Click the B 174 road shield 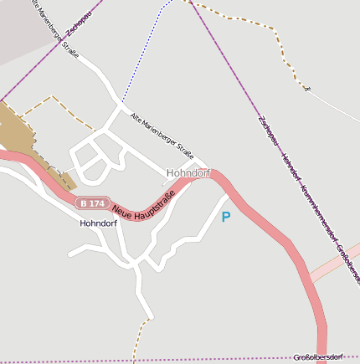click(91, 203)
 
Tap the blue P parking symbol click(225, 217)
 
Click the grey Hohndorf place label click(188, 173)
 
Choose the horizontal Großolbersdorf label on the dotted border click(326, 357)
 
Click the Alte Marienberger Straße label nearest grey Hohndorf click(162, 135)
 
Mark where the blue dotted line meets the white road click(123, 102)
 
